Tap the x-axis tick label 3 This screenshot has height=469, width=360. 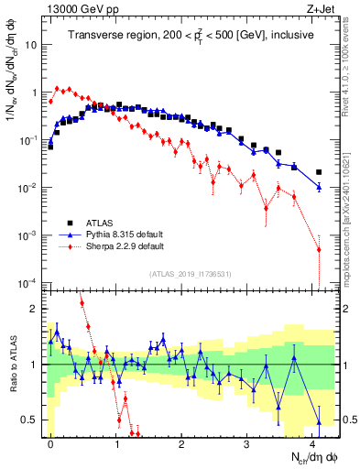[x=248, y=442]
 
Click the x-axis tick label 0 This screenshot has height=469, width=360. [x=50, y=442]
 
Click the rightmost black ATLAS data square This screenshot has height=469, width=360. [x=319, y=172]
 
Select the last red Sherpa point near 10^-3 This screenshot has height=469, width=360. [x=319, y=249]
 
